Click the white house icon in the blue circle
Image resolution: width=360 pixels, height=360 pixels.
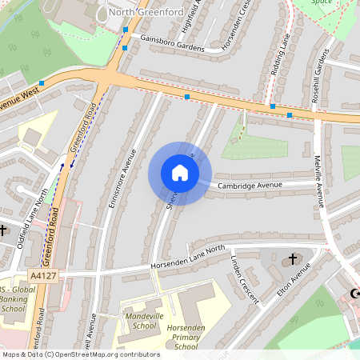pos(180,173)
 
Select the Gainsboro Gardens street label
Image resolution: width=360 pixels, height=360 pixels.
pos(172,42)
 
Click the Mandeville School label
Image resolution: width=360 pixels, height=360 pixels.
pos(133,320)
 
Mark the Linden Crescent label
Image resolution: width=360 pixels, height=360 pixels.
pos(245,279)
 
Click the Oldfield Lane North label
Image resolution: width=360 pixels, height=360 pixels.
pos(31,218)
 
